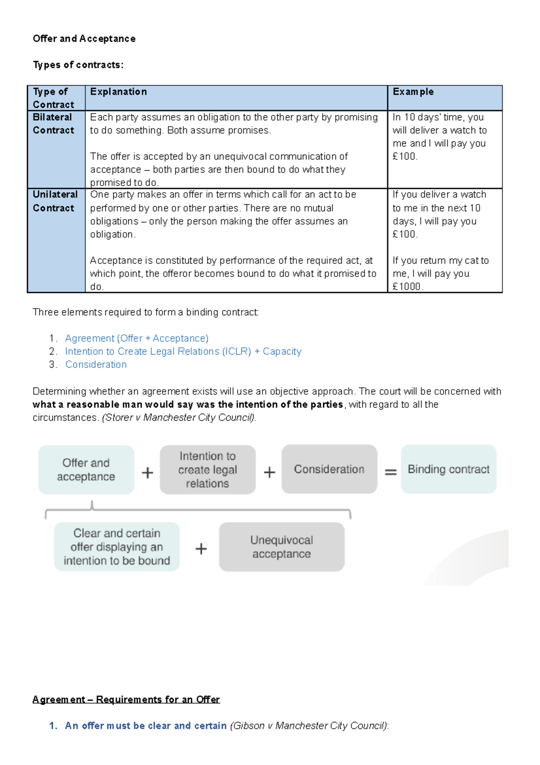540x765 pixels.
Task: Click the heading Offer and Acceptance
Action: (84, 39)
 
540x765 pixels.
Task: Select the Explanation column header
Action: (118, 92)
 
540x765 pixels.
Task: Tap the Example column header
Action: (413, 92)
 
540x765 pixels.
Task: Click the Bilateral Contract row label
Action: (53, 124)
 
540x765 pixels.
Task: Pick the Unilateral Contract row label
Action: (55, 201)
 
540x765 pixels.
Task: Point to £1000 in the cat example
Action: (407, 287)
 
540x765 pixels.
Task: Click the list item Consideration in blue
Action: (96, 364)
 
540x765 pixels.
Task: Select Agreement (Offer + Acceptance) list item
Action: (136, 338)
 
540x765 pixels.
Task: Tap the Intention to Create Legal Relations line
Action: (183, 351)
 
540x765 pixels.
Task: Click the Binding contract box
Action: (448, 469)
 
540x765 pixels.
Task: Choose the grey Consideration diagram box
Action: (329, 469)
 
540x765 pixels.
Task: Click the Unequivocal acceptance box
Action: (282, 546)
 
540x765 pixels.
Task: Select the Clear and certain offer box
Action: (117, 546)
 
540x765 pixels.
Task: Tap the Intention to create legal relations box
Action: (207, 469)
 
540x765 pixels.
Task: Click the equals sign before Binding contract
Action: (391, 472)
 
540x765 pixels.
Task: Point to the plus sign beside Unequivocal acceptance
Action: (201, 548)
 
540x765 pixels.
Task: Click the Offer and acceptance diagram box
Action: (86, 469)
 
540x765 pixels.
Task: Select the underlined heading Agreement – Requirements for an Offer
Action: (126, 699)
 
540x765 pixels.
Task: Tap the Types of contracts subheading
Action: (78, 65)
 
